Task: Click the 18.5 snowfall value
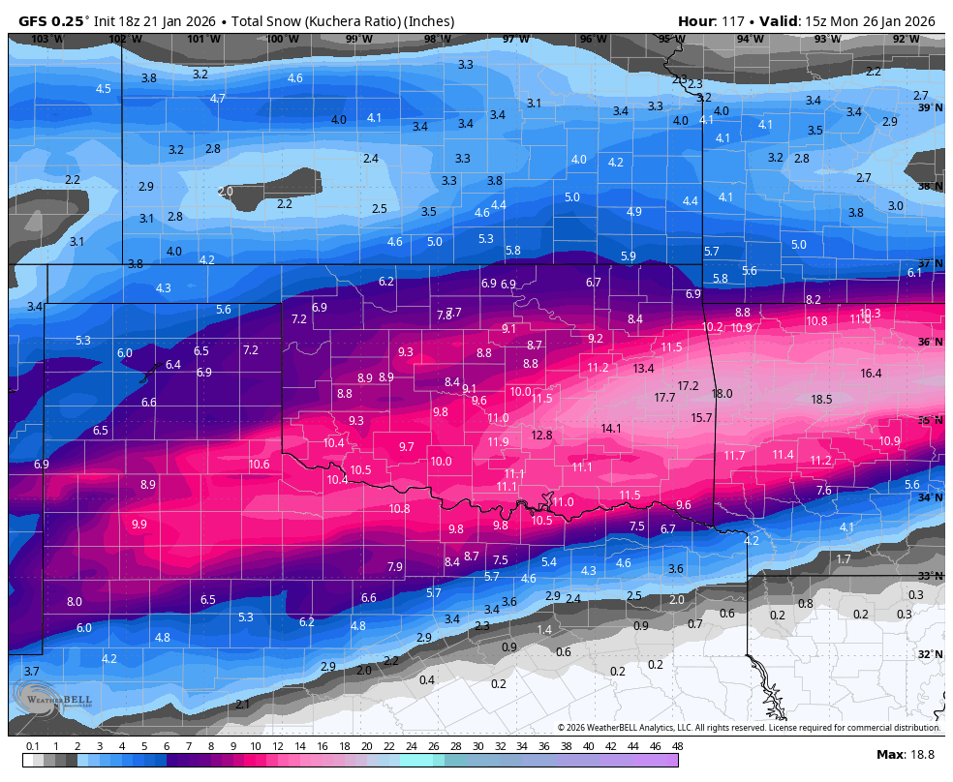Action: click(821, 399)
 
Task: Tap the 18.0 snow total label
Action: click(722, 394)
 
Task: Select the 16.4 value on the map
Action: click(871, 374)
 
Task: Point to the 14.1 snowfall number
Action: click(611, 428)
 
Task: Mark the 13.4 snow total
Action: click(644, 369)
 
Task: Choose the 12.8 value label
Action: click(542, 436)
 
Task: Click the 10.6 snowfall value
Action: click(259, 465)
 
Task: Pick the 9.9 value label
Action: click(138, 525)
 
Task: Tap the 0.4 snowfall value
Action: click(427, 680)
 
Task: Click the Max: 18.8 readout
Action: click(905, 755)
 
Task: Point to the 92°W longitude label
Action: click(906, 40)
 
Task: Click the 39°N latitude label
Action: click(930, 107)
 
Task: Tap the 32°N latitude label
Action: click(930, 654)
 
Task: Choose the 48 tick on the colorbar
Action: click(677, 746)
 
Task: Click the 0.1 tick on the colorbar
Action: click(32, 746)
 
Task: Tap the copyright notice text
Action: click(749, 728)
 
